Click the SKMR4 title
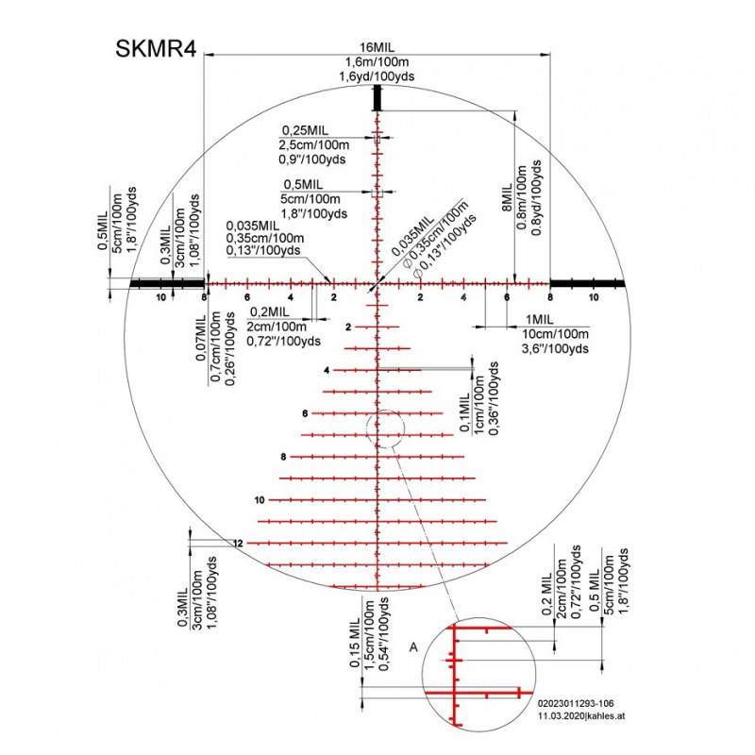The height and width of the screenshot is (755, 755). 156,49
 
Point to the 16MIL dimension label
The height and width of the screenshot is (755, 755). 377,47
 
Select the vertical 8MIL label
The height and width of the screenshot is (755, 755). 507,197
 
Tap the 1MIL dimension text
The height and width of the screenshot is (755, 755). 539,320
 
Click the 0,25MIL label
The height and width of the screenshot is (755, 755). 305,130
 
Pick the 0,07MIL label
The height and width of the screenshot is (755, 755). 201,338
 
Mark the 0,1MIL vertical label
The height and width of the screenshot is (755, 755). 464,412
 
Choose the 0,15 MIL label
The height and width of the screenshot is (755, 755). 355,643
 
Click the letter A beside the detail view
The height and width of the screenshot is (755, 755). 413,647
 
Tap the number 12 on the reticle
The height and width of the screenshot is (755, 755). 238,544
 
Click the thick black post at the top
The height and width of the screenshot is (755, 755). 377,98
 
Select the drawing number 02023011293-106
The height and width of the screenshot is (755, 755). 576,703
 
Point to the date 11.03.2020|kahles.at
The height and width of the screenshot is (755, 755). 581,716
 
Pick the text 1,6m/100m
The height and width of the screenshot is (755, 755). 377,61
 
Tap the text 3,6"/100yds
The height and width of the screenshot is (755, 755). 555,348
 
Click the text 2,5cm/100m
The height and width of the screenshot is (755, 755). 314,145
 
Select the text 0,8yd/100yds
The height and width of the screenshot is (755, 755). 537,198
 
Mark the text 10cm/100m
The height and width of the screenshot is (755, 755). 556,334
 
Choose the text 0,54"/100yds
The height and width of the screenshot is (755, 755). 384,634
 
